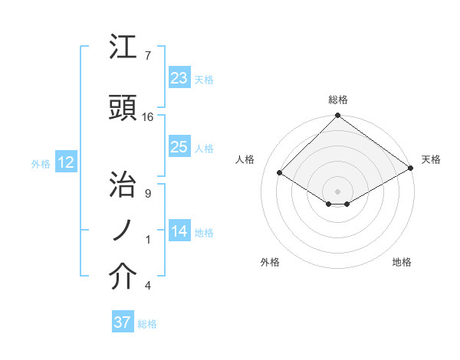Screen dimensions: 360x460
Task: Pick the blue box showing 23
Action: click(x=179, y=77)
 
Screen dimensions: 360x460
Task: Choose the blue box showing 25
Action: click(x=179, y=147)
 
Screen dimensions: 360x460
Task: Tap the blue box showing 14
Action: click(x=179, y=231)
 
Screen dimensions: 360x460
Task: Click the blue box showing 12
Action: click(x=65, y=162)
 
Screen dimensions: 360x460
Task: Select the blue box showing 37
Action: click(x=122, y=322)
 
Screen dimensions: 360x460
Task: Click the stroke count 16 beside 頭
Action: click(x=148, y=117)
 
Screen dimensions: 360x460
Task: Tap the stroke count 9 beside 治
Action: click(x=147, y=193)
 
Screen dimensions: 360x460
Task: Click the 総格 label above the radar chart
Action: click(x=338, y=100)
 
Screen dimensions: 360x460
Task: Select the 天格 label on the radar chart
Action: click(x=431, y=159)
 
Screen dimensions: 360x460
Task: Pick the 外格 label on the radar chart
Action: click(x=270, y=262)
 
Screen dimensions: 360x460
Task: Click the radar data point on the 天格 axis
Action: click(x=411, y=169)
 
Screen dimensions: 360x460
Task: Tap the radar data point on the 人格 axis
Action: click(x=280, y=173)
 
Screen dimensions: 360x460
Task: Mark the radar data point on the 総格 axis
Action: click(x=337, y=116)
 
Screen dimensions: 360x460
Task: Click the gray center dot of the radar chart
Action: click(x=337, y=190)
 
